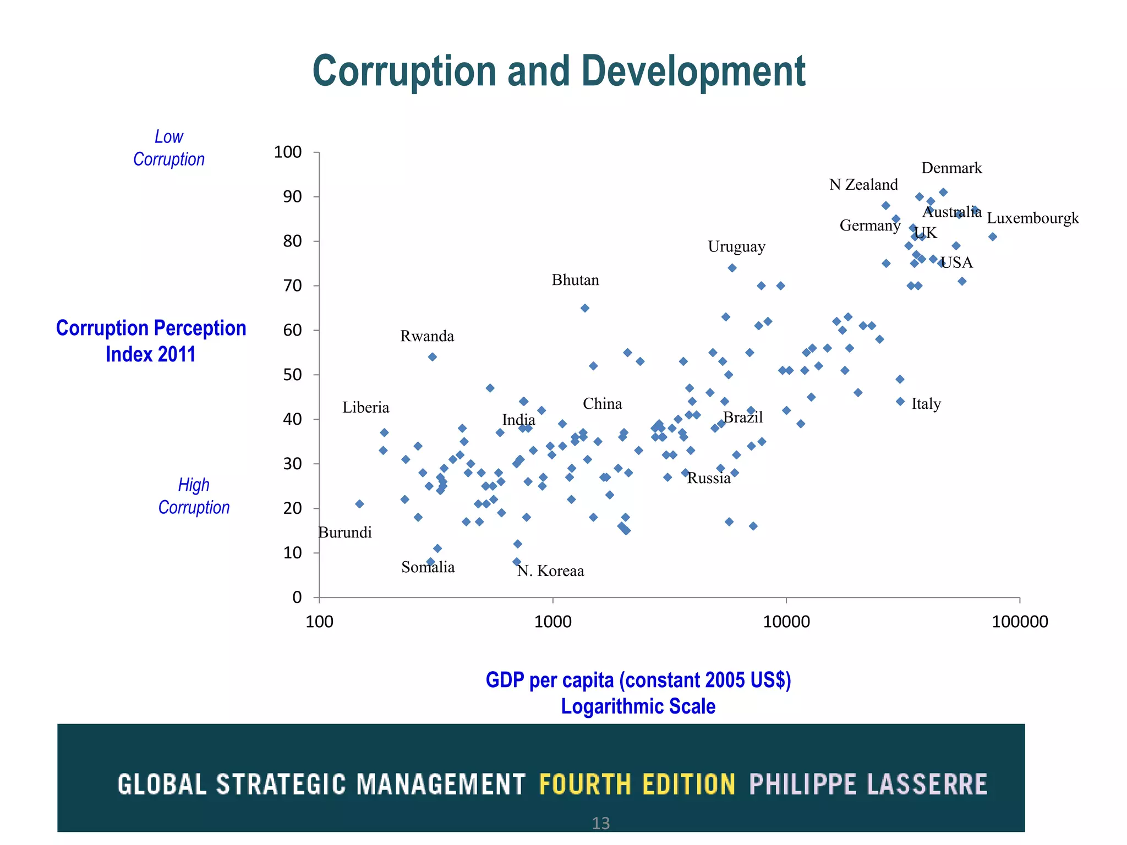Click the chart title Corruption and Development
tap(559, 72)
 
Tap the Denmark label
tap(951, 168)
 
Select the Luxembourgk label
tap(1032, 218)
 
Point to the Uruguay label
tap(736, 246)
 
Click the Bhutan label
tap(575, 280)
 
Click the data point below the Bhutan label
tap(585, 308)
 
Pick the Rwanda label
tap(427, 336)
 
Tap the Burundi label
tap(345, 533)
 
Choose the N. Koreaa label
tap(550, 571)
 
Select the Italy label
tap(926, 404)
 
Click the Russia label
tap(709, 478)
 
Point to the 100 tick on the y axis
tap(288, 152)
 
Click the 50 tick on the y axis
tap(292, 375)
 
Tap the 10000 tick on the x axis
tap(786, 622)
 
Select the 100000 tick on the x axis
tap(1020, 622)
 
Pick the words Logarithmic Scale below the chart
tap(638, 706)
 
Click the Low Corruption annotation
tap(169, 148)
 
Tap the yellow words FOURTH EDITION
tap(637, 784)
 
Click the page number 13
tap(600, 824)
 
